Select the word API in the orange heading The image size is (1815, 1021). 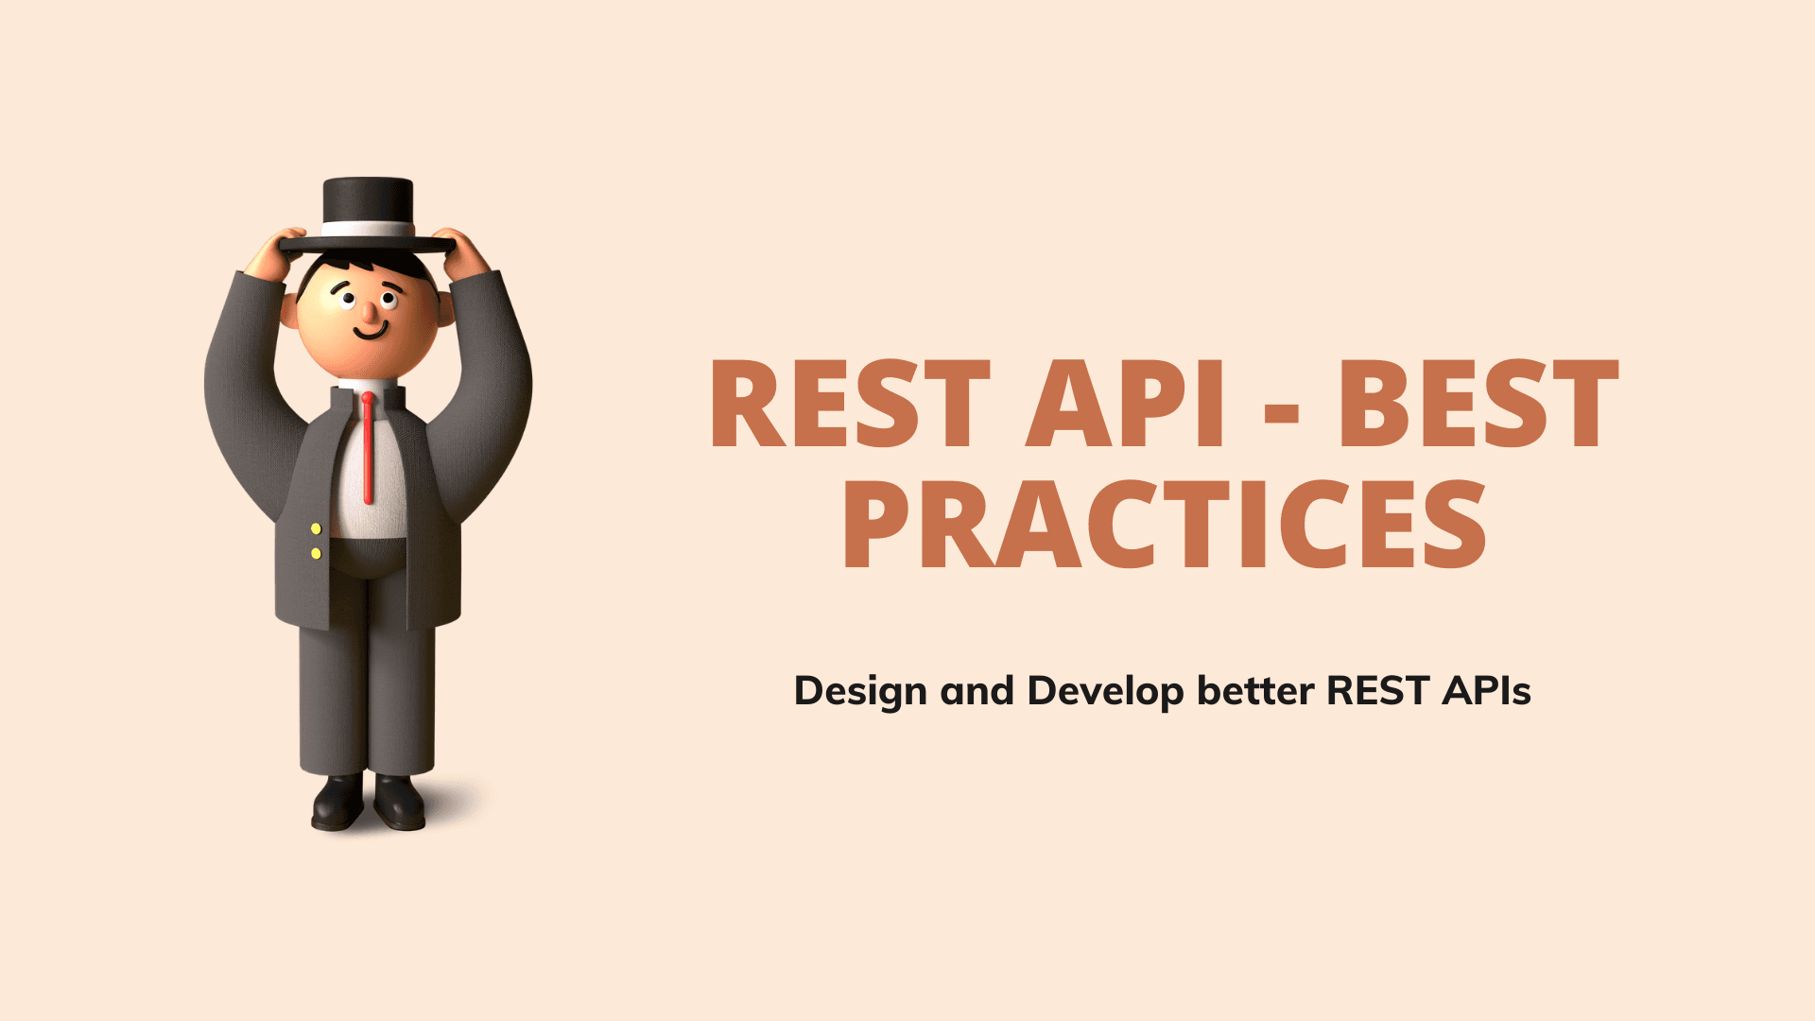[x=1126, y=404]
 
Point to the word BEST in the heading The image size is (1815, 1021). [x=1478, y=404]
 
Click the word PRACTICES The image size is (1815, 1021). [x=1165, y=524]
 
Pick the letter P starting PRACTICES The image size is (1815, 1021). [x=877, y=524]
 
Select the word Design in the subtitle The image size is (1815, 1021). [x=860, y=692]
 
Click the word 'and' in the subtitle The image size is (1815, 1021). [x=977, y=691]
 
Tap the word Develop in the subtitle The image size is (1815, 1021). [x=1106, y=692]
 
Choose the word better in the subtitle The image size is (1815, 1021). [x=1255, y=691]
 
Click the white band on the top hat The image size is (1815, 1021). [x=368, y=229]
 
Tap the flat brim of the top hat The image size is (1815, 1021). [x=368, y=246]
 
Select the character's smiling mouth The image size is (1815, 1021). [x=371, y=331]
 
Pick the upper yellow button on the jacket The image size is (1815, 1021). [x=316, y=528]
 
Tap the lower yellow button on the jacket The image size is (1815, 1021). [x=316, y=553]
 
